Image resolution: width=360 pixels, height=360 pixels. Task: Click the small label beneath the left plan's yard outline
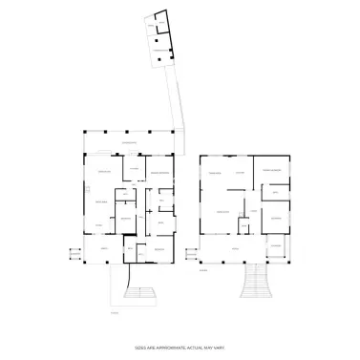[x=114, y=311]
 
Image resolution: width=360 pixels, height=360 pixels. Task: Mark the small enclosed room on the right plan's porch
[x=273, y=247]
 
